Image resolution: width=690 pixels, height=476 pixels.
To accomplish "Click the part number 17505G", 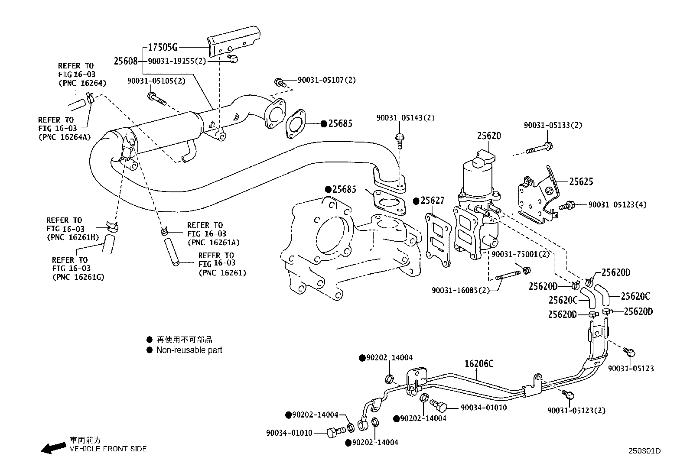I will [163, 48].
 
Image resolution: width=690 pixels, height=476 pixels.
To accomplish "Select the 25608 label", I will [126, 62].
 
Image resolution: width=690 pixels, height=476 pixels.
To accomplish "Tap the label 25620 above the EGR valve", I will [489, 136].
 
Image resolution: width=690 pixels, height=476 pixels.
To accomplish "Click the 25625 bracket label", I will [581, 182].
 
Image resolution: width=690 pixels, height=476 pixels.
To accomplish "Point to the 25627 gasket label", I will [432, 201].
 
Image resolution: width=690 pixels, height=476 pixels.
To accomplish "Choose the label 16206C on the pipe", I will [479, 363].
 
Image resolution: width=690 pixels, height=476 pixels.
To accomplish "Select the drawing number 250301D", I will [644, 451].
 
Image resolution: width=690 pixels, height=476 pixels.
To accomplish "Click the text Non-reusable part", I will [189, 350].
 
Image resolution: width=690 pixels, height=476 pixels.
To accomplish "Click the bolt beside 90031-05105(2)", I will [156, 98].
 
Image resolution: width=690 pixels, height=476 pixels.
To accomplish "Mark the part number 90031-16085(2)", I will [460, 290].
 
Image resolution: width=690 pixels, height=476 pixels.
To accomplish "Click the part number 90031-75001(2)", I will [520, 254].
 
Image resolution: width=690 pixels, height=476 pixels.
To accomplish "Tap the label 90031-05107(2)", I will [326, 80].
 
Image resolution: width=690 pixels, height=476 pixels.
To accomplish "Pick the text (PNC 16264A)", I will [64, 136].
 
